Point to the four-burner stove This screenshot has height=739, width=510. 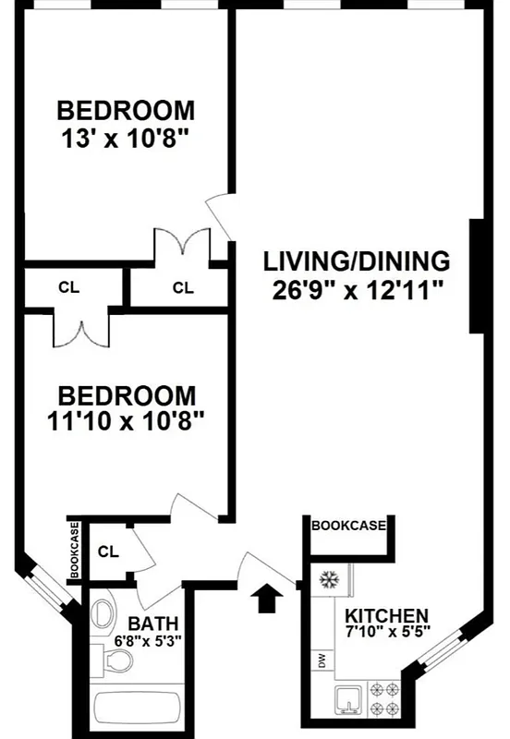point(384,699)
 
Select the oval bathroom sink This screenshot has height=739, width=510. point(103,612)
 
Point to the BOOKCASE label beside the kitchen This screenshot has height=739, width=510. point(348,525)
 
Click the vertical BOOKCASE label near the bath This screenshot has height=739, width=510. point(75,551)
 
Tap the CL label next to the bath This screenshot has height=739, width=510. point(108,552)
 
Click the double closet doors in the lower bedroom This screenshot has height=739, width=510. point(79,331)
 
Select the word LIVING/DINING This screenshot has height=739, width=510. point(356,260)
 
